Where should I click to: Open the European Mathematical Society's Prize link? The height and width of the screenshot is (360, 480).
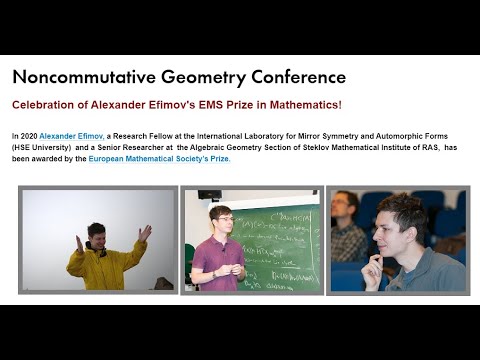point(159,159)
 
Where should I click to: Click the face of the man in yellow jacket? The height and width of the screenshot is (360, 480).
point(97,236)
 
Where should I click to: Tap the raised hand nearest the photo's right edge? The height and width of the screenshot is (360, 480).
point(146,232)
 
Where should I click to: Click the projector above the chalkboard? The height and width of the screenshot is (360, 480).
point(209,194)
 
